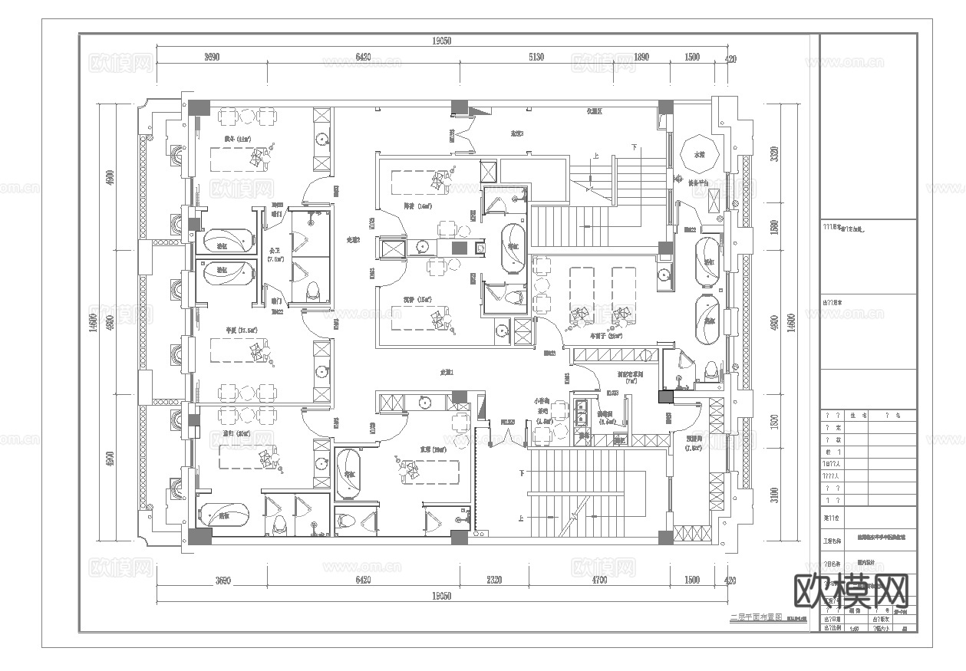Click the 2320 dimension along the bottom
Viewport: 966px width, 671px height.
[x=493, y=581]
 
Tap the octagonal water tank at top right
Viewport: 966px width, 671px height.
[x=700, y=155]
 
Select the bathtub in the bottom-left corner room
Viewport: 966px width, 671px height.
[x=223, y=515]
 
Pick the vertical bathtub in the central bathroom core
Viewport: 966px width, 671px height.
[x=513, y=248]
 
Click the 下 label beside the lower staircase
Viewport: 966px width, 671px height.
[x=523, y=472]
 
